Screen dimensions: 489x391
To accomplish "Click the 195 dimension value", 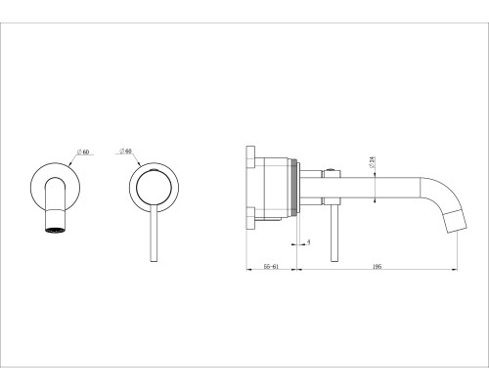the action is click(x=377, y=266).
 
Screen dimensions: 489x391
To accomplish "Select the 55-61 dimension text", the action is click(x=271, y=266).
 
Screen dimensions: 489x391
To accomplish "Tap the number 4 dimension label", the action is click(x=309, y=241).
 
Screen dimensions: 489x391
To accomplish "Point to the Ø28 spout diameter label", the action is click(x=372, y=162).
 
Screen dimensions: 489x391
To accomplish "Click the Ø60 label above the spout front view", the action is click(x=83, y=152).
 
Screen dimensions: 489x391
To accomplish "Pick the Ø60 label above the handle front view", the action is click(x=125, y=151).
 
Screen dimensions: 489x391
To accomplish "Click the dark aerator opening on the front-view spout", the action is click(x=56, y=230).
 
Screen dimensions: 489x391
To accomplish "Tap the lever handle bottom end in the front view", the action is click(x=154, y=260).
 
